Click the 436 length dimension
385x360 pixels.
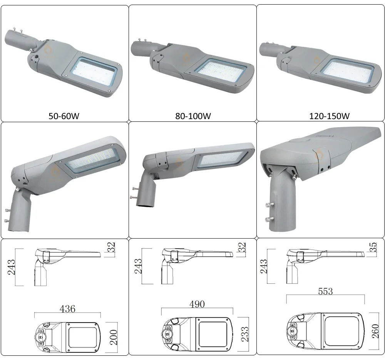click(67, 308)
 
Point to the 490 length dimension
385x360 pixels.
click(196, 304)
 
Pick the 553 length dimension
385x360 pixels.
click(325, 291)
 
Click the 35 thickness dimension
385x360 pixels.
click(373, 247)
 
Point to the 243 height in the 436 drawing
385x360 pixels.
click(12, 267)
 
